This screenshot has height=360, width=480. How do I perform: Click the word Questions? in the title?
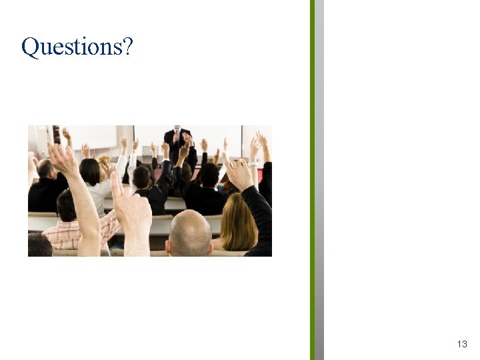[x=77, y=47]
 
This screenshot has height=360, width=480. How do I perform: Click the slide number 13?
[x=462, y=344]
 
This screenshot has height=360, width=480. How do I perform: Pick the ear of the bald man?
[x=169, y=246]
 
